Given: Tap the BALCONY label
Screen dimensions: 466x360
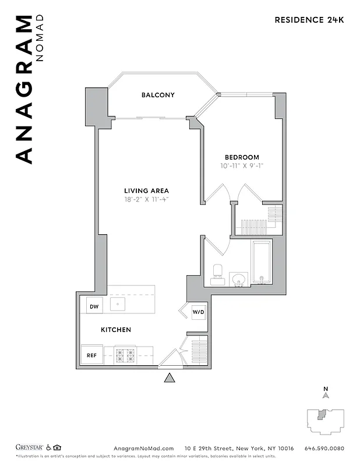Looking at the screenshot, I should (158, 95).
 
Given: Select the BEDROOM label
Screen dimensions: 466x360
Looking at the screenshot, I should (242, 157).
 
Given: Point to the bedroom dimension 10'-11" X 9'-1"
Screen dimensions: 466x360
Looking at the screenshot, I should (242, 166).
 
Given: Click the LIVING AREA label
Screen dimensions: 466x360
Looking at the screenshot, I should (146, 190).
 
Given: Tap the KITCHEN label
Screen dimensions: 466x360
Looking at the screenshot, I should (116, 330).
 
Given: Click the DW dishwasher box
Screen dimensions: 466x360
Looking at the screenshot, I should (94, 305).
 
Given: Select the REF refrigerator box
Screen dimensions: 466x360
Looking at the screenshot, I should (93, 355).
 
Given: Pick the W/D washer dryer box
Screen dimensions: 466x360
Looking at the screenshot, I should (199, 312).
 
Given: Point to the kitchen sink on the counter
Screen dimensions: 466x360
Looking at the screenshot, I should (118, 303).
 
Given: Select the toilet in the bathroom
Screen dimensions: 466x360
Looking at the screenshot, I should (218, 272).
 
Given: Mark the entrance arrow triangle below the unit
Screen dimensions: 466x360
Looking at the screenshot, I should (170, 379).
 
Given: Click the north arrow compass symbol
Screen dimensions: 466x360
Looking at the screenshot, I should (326, 394).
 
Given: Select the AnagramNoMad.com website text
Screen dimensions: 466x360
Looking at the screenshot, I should (143, 449).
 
